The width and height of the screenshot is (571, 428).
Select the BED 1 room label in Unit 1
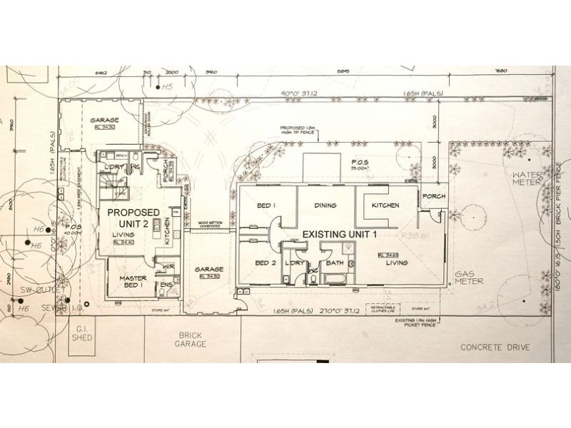point(266,206)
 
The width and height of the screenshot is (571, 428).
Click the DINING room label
point(325,205)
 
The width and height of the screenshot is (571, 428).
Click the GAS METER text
point(471,277)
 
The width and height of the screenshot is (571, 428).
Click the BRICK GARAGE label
point(193,339)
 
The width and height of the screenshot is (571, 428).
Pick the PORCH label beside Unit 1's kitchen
point(434,196)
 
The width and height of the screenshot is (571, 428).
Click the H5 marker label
point(168,86)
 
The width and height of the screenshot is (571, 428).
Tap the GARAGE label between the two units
point(208,270)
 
